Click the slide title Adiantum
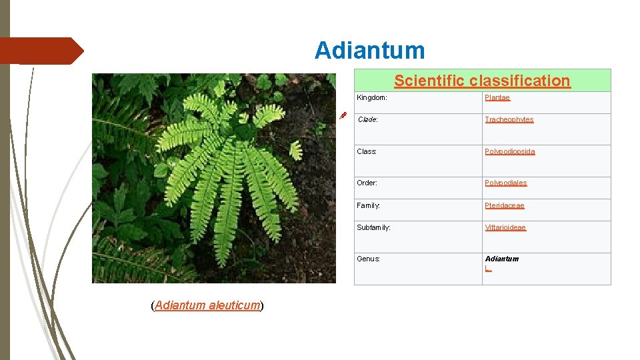point(369,51)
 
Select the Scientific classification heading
point(482,81)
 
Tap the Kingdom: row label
point(372,97)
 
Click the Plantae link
point(497,97)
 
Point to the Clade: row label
point(367,119)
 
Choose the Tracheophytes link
point(509,119)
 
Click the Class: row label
point(367,151)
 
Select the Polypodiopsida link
point(510,151)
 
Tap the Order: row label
point(367,183)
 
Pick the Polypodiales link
point(506,183)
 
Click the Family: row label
point(369,205)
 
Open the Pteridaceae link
point(505,205)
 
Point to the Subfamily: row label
point(374,227)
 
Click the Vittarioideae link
point(505,227)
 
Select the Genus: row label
point(369,259)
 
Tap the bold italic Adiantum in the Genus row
point(502,259)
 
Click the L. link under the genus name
point(488,268)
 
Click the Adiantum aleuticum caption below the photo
point(207,305)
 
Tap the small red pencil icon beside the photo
point(343,115)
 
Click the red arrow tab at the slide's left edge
point(40,51)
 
